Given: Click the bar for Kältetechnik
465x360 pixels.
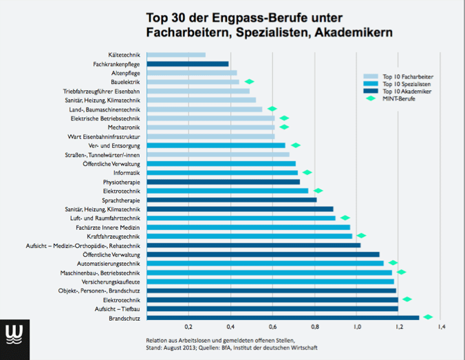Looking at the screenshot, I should click(176, 54).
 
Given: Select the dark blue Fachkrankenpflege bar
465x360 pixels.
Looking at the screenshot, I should click(188, 64).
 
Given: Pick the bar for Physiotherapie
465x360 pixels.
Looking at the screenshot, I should click(224, 182).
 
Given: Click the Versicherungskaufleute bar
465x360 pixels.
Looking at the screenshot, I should click(270, 281).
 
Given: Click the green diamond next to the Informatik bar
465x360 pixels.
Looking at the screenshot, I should click(307, 172).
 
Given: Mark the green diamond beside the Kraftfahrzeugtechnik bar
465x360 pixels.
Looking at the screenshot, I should click(361, 235).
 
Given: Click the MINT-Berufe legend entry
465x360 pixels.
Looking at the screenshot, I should click(399, 98).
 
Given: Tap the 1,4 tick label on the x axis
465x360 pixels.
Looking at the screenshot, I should click(441, 326).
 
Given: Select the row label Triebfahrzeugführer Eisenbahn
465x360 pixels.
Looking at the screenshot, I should click(101, 91).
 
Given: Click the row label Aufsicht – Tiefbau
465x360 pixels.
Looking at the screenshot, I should click(118, 308).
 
